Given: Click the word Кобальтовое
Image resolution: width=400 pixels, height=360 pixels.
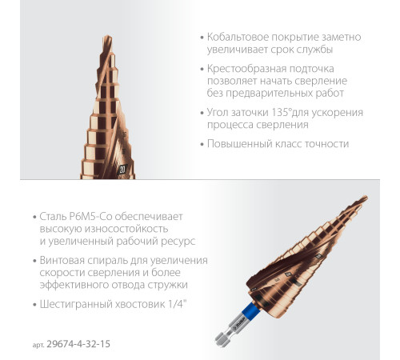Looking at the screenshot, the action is (x=237, y=37).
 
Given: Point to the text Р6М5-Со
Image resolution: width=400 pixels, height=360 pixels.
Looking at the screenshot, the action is (x=90, y=216).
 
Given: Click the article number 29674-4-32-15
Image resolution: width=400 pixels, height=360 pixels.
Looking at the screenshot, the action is (x=78, y=344).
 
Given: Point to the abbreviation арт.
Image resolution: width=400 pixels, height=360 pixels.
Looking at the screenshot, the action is (x=38, y=345).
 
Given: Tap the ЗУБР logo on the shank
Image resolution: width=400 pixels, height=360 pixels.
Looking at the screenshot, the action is (x=238, y=323).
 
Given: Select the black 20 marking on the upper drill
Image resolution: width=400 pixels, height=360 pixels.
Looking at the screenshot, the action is (x=122, y=170).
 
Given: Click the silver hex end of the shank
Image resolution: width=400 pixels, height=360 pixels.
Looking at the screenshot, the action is (x=221, y=341).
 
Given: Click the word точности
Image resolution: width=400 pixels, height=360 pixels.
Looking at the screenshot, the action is (x=326, y=144).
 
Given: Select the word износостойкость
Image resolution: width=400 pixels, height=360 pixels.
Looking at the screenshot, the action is (x=126, y=229).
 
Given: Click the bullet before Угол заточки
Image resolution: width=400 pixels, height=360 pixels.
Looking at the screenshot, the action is (x=202, y=113).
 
